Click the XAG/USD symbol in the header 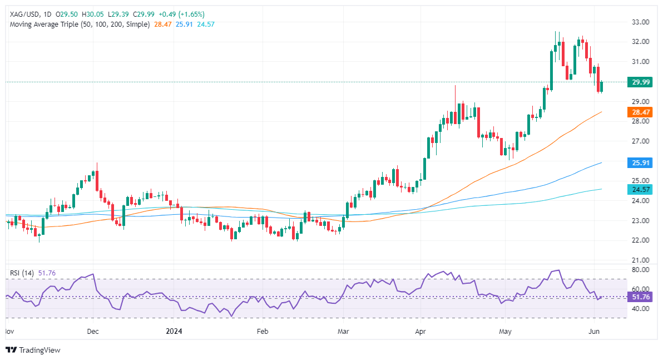point(25,14)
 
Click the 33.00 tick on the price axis point(641,22)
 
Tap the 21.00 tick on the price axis point(641,260)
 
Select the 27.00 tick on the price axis point(641,141)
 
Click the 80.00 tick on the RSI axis point(641,269)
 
